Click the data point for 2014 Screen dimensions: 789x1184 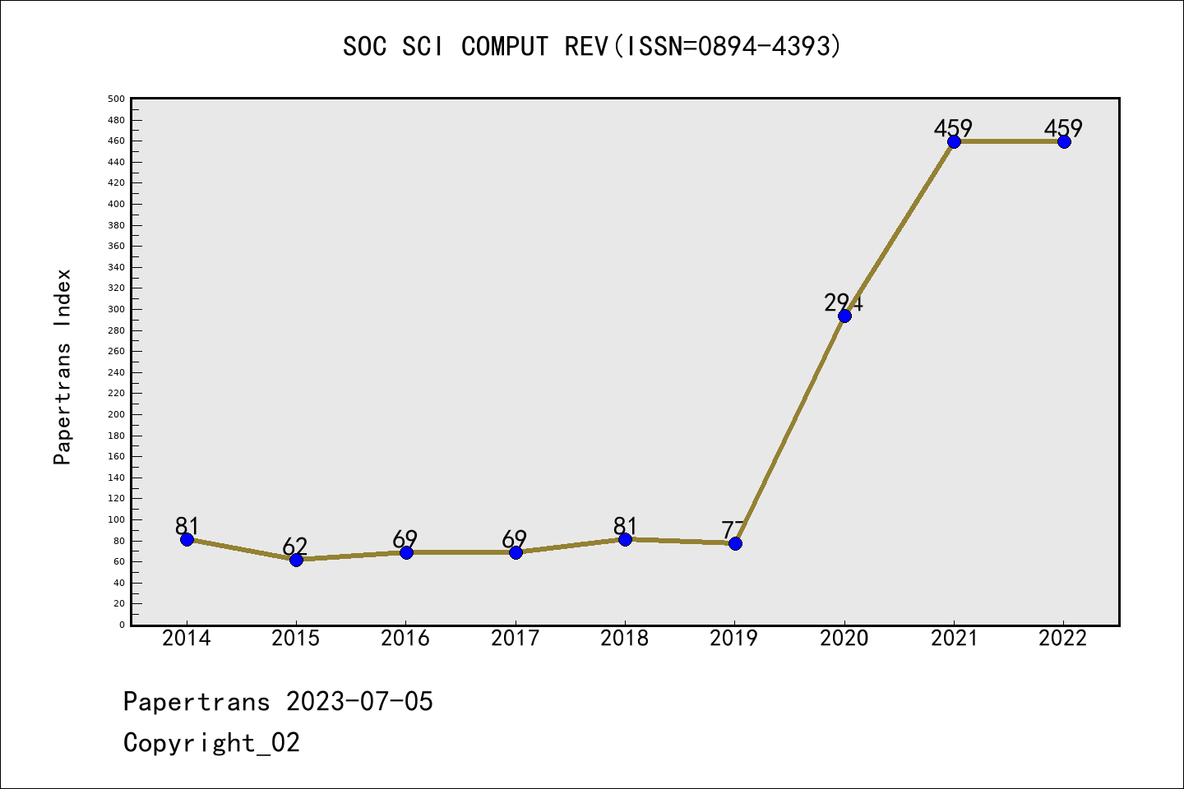coord(187,539)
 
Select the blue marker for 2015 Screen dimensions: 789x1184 coord(296,560)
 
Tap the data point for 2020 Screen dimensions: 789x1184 coord(844,316)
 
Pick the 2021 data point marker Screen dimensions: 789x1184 coord(954,141)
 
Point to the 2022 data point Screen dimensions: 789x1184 coord(1064,141)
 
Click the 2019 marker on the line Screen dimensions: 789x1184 coord(735,543)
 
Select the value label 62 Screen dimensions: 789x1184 coord(295,547)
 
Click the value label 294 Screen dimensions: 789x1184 coord(844,303)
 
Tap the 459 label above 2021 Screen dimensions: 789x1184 coord(953,128)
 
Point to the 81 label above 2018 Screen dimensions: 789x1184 coord(625,526)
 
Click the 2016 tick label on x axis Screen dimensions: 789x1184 coord(405,639)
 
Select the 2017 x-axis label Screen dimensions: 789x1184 coord(515,639)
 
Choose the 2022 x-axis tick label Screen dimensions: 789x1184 coord(1063,639)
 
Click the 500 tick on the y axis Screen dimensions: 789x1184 coord(116,99)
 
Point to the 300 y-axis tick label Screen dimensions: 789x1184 coord(116,310)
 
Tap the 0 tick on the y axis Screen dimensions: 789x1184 coord(122,625)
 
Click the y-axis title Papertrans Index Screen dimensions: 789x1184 coord(62,367)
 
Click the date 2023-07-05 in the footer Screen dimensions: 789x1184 coord(359,702)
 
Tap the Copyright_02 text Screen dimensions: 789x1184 coord(211,743)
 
